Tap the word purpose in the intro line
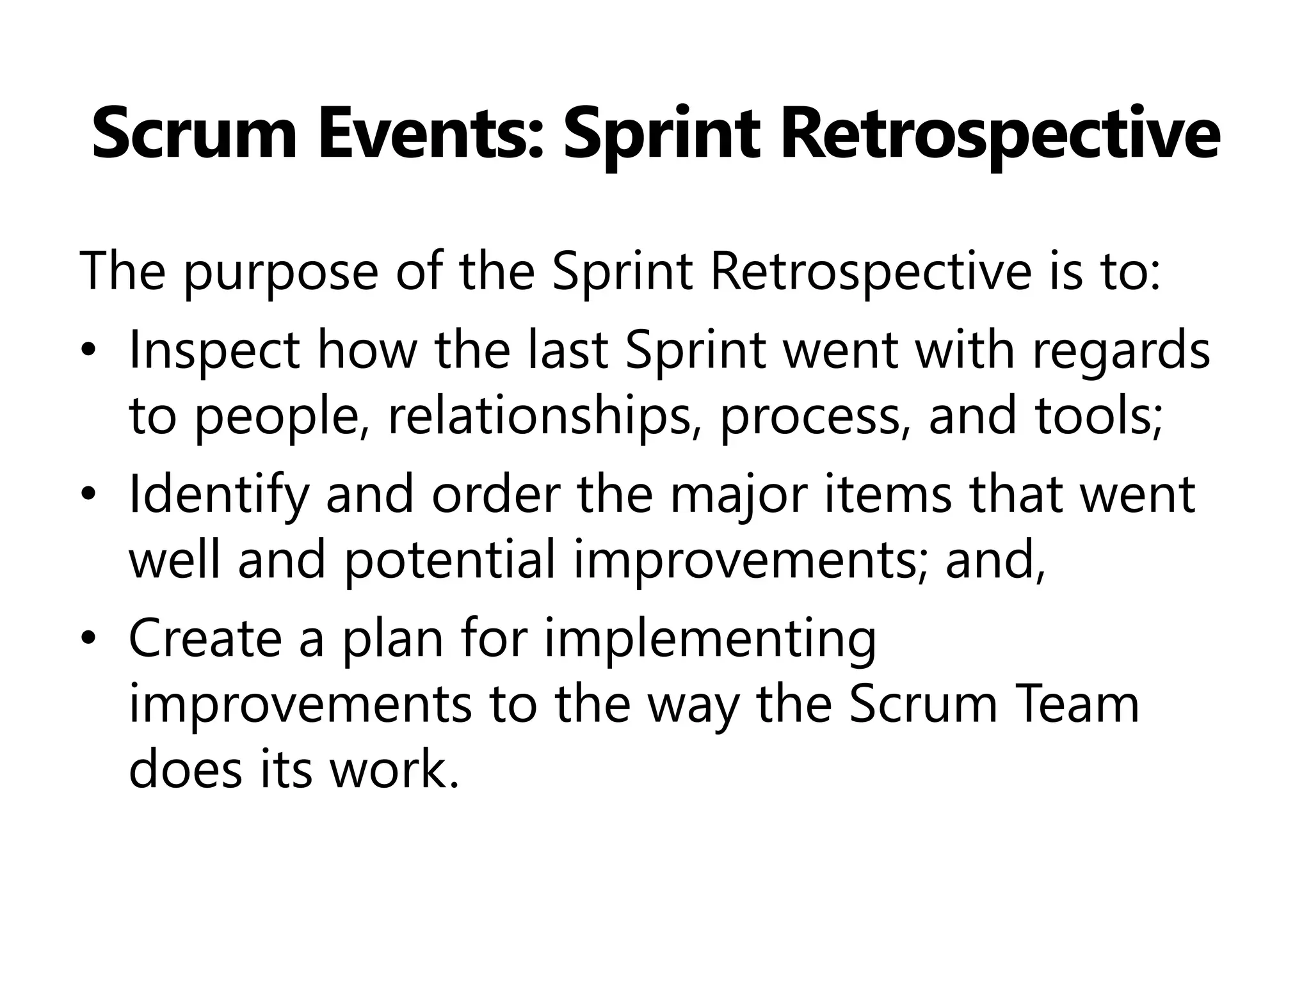tap(280, 273)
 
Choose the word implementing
tap(710, 641)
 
